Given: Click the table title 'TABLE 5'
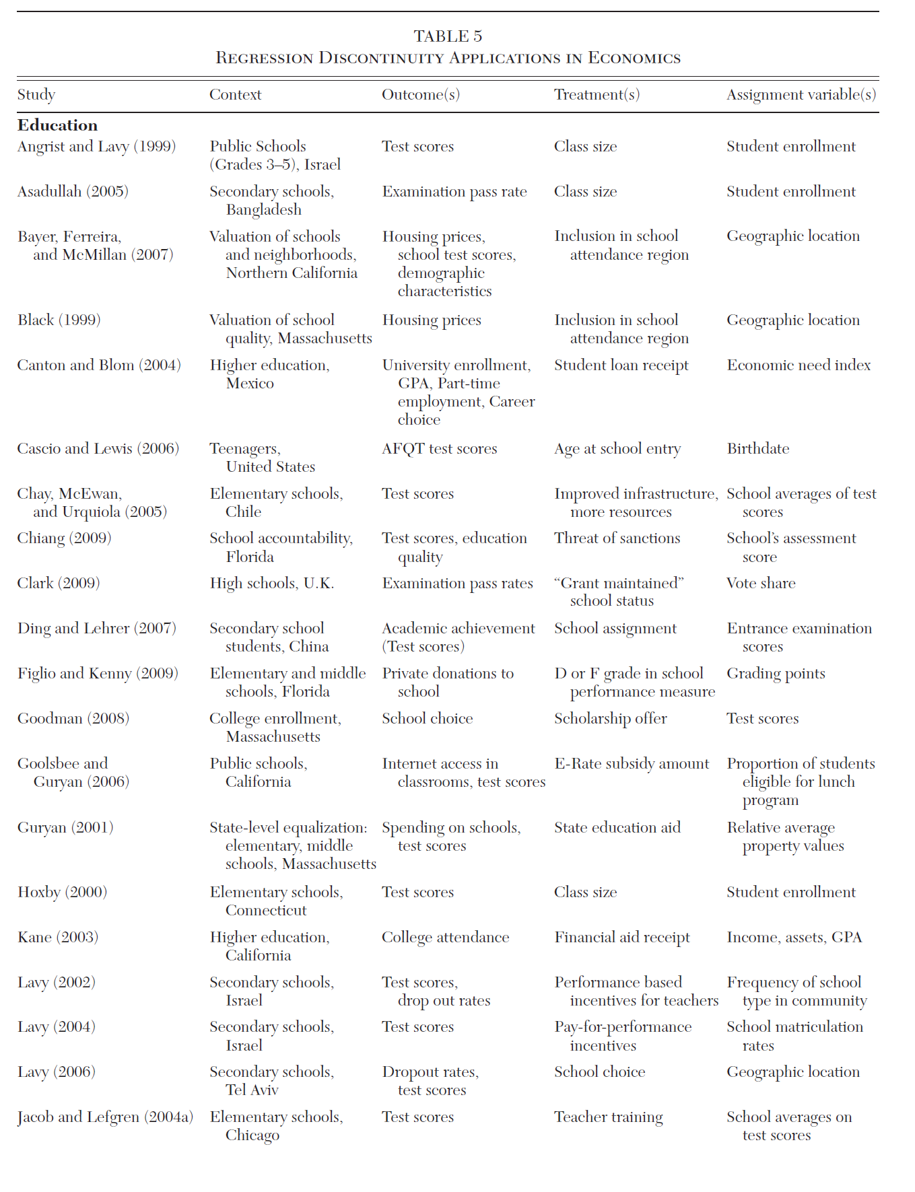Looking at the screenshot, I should click(x=448, y=36).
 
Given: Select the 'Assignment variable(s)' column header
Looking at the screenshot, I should click(x=801, y=95).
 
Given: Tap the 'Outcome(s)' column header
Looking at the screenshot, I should click(x=421, y=95).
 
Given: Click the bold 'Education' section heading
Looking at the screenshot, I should click(x=57, y=125).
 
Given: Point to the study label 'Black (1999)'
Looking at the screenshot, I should click(x=59, y=320).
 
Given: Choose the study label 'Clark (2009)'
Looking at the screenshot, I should click(x=59, y=583).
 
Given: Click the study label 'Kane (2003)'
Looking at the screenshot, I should click(x=58, y=937).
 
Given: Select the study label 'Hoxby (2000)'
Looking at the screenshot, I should click(x=62, y=892).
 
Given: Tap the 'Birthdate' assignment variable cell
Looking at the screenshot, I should click(x=757, y=449).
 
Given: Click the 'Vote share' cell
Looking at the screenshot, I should click(x=761, y=583).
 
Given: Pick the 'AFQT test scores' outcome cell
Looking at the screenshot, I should click(x=439, y=449).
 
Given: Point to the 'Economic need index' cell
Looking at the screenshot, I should click(x=799, y=365).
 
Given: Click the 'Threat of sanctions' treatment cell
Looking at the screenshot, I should click(x=617, y=538).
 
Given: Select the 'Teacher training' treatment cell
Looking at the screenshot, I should click(x=608, y=1117).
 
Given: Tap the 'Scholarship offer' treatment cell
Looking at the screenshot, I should click(x=610, y=719).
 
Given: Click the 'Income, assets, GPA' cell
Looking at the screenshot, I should click(x=794, y=937).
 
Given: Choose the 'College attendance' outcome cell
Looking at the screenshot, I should click(x=445, y=937).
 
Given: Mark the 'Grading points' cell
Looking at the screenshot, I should click(x=776, y=674).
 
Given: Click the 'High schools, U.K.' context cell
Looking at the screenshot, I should click(x=271, y=583).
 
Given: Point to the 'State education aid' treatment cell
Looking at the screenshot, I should click(x=617, y=827).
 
